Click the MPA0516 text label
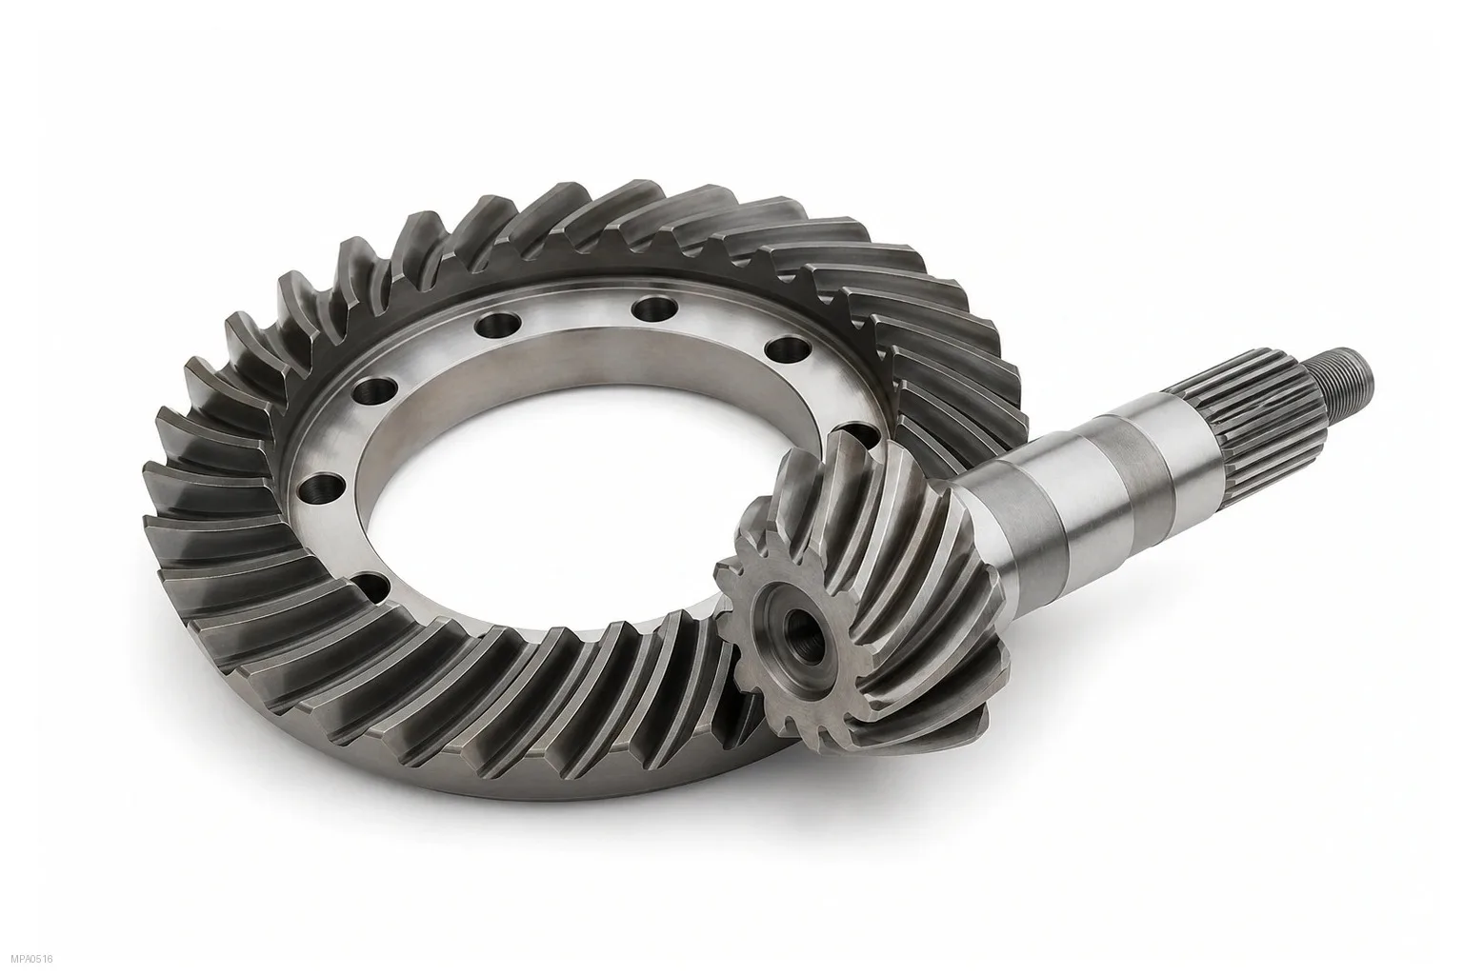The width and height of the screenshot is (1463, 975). (x=32, y=960)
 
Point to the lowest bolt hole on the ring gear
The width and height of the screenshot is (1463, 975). (x=373, y=587)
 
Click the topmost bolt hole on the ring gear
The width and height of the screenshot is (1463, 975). (x=655, y=308)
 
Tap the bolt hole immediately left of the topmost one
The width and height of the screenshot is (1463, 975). (x=499, y=324)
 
